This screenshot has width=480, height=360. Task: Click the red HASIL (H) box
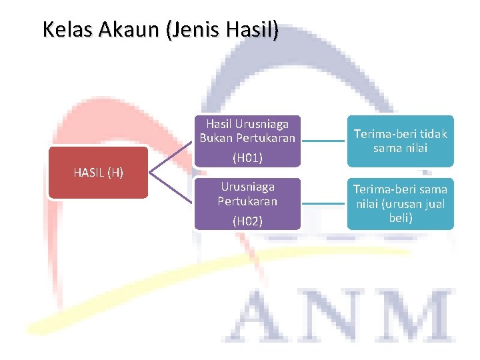coord(98,173)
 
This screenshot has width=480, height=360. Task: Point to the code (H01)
coord(247,158)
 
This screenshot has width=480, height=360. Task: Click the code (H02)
coord(247,221)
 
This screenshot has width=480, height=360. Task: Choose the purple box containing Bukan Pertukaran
coord(247,141)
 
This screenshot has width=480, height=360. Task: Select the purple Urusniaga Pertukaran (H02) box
coord(247,203)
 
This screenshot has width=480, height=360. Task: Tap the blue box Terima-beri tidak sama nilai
coord(400,141)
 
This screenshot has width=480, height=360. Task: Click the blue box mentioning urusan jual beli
coord(400,203)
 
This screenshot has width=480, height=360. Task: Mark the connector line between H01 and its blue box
coord(323,141)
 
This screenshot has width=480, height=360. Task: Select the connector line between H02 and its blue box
coord(323,204)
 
